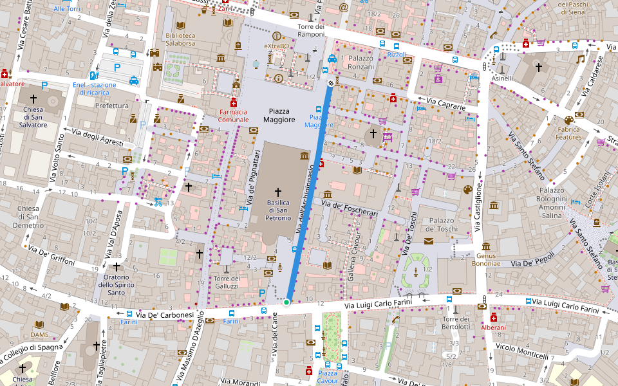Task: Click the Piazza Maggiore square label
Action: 279,115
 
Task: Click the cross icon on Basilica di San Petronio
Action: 278,192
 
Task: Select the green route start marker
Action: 286,302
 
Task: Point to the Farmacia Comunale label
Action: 233,116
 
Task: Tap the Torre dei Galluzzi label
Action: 226,282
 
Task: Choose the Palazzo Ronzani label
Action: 360,62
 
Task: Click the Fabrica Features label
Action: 568,133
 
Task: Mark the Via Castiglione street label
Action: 478,207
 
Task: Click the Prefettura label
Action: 112,105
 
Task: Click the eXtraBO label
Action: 277,47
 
